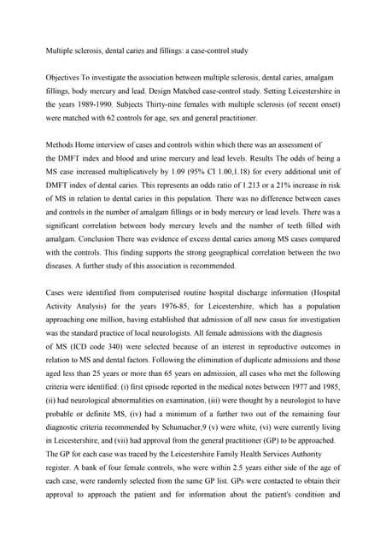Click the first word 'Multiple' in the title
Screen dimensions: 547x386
point(61,51)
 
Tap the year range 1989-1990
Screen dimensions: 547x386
point(96,105)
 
